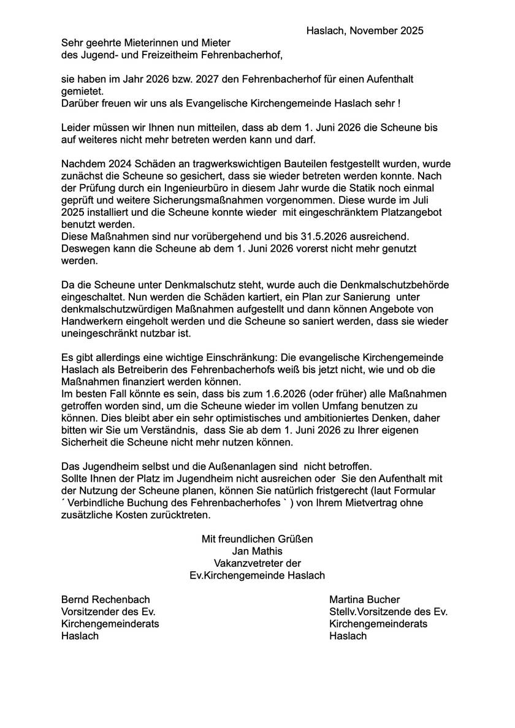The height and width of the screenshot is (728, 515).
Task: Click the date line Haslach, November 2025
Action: pos(365,30)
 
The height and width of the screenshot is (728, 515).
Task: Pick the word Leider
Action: pos(76,128)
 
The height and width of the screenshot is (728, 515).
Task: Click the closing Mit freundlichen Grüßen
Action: pos(257,539)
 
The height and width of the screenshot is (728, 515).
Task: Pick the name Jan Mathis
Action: pos(257,551)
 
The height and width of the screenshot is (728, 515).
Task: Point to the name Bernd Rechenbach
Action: pos(105,599)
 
